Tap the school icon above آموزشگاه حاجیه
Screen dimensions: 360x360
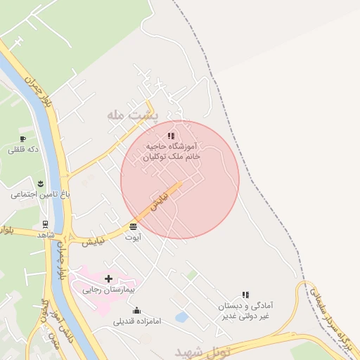coord(171,136)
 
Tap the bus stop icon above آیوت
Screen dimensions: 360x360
coord(134,226)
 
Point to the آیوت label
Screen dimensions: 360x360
coord(133,238)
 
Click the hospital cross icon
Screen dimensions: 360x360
coord(108,278)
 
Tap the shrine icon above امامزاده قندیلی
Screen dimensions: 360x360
coord(136,310)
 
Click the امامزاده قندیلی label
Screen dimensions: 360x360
coord(137,321)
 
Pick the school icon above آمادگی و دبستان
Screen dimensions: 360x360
coord(245,295)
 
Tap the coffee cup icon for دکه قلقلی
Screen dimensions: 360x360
coord(22,139)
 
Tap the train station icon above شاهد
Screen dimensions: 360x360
coord(46,224)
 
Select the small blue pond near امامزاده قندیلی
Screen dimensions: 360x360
coord(181,317)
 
